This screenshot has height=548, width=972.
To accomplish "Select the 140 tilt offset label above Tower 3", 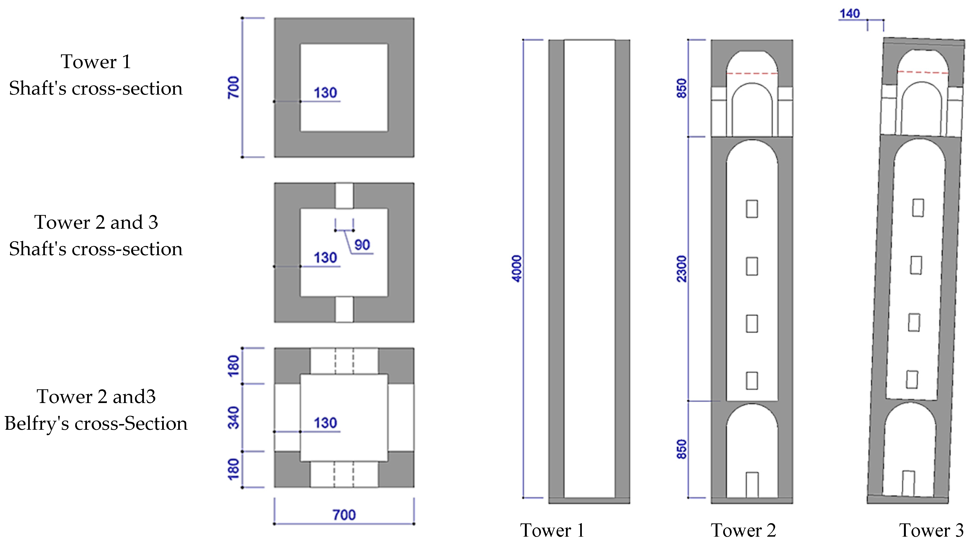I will (x=849, y=13).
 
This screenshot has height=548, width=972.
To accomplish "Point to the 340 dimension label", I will (x=233, y=418).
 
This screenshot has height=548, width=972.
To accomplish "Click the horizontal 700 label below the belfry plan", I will (x=344, y=515).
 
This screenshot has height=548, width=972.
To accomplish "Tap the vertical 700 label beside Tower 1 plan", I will (x=233, y=87).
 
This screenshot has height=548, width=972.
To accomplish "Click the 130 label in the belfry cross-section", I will (x=325, y=423).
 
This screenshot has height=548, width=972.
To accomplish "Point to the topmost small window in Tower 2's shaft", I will (x=752, y=209).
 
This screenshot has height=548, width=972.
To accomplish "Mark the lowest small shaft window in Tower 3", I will (x=912, y=380).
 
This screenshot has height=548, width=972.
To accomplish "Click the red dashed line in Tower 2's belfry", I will (x=752, y=73).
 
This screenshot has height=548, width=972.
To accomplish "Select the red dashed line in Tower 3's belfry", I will (x=923, y=72).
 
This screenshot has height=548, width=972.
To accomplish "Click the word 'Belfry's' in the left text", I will (x=37, y=423).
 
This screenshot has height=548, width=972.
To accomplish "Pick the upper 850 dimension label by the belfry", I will (x=682, y=88).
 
